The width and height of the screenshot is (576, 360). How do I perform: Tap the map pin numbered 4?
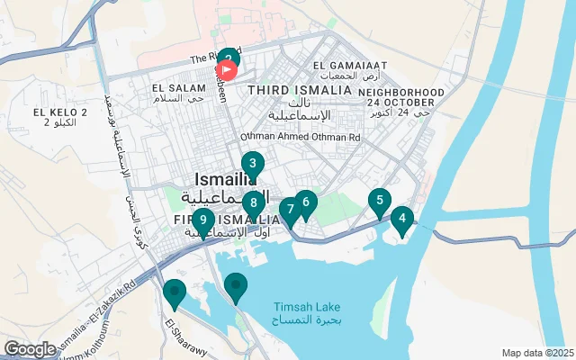tap(401, 218)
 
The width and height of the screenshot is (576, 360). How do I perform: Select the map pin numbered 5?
tap(380, 202)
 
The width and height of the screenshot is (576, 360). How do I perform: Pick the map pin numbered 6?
tap(306, 202)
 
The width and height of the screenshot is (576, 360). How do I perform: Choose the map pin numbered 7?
tap(289, 211)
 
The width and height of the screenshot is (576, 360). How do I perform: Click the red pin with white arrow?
tap(228, 68)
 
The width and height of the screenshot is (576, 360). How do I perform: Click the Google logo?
tap(30, 348)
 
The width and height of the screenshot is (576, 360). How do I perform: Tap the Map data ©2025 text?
tap(536, 353)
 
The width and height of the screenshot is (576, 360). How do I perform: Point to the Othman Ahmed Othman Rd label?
tap(300, 137)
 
